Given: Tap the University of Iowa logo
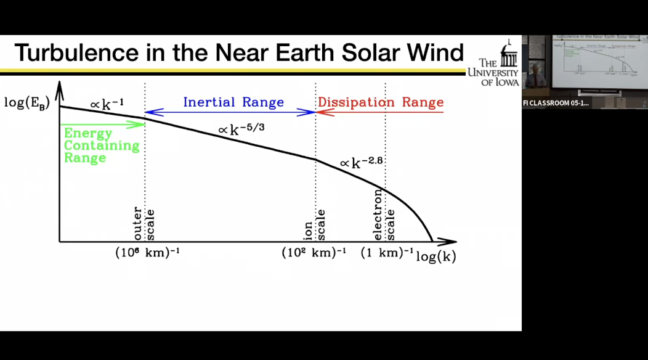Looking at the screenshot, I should click(499, 64).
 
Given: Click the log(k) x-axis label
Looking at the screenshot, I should click(436, 256).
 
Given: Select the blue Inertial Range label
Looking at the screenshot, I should click(233, 102).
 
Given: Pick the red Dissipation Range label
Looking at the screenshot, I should click(381, 102).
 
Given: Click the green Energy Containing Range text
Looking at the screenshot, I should click(101, 145).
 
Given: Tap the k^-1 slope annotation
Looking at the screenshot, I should click(107, 104).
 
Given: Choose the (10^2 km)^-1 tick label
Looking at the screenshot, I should click(314, 253).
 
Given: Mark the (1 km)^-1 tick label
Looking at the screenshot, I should click(387, 253).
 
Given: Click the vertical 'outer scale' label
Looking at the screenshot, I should click(144, 224).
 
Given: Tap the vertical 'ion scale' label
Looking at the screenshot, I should click(315, 225).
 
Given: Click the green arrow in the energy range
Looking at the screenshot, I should click(102, 124).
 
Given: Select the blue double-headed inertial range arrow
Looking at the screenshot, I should click(230, 112).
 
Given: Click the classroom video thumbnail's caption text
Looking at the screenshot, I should click(556, 103).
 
